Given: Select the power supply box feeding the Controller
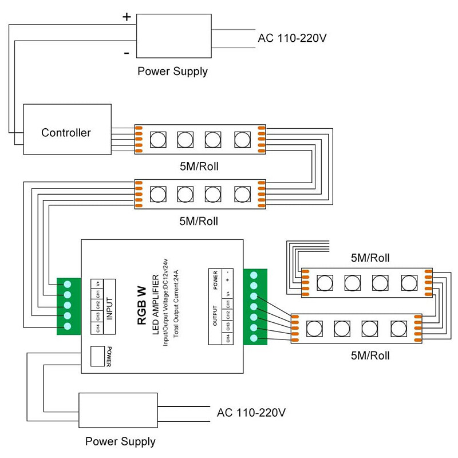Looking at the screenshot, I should coord(172,35).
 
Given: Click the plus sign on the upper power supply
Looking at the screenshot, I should coord(127,17).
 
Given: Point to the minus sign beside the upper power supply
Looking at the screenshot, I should coord(126,53).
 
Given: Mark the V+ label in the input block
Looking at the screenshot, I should coord(98,284).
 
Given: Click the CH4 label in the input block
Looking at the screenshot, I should coord(98,329).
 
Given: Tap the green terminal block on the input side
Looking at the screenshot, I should coord(68,306).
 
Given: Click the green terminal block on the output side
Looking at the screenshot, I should coord(254,307).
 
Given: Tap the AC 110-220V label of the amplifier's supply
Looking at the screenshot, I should coord(251,412).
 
